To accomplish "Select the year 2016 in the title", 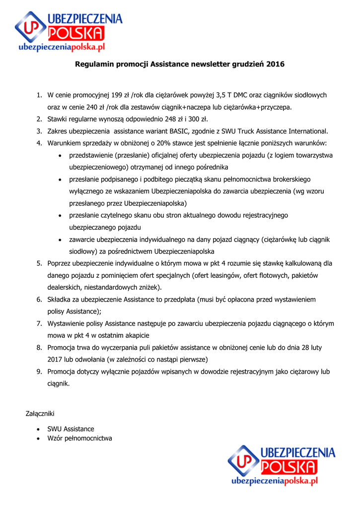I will click(x=276, y=64).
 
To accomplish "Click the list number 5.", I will click(x=39, y=263).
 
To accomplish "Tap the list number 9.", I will click(x=39, y=372).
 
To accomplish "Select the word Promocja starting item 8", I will click(x=62, y=348).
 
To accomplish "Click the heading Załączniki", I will click(x=40, y=413).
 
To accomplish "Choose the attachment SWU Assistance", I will click(x=71, y=429).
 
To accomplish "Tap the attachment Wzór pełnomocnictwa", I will click(x=79, y=438).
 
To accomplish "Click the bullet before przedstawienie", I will click(x=60, y=155).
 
